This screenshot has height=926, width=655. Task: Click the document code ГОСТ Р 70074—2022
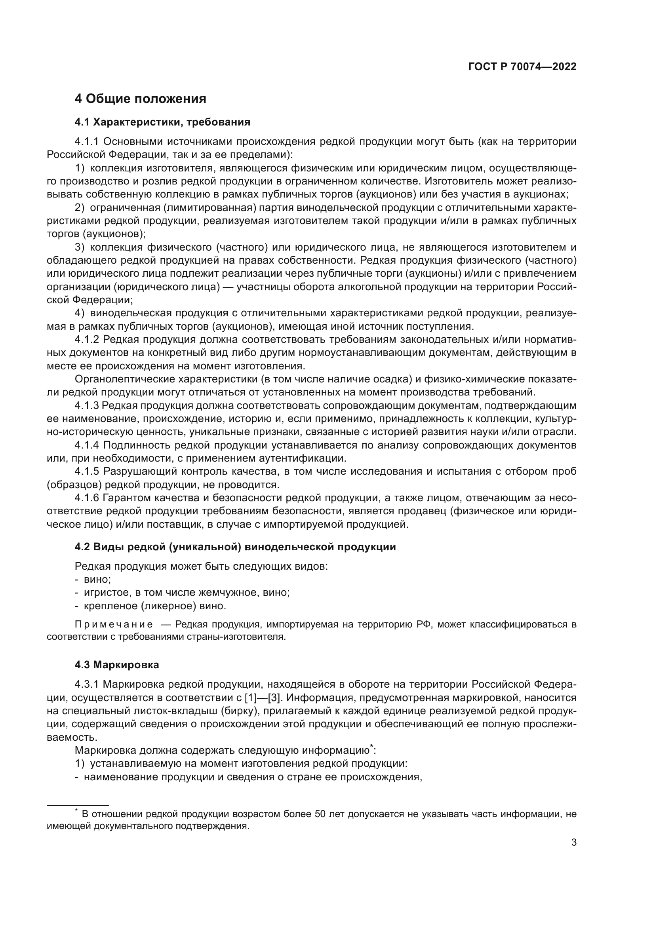click(522, 67)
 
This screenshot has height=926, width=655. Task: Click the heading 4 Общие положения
click(140, 99)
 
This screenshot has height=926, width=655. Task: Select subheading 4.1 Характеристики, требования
click(162, 122)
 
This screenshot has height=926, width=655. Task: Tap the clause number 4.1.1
click(87, 142)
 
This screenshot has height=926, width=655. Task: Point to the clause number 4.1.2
click(87, 340)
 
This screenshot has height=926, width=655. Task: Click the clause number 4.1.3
click(87, 405)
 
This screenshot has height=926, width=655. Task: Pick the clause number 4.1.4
click(87, 445)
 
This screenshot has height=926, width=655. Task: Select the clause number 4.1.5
click(87, 472)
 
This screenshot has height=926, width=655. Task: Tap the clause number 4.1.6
click(87, 498)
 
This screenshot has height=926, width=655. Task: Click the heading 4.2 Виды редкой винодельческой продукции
click(235, 547)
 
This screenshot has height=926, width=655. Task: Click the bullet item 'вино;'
click(97, 580)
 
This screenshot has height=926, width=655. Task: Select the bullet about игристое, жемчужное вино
click(187, 593)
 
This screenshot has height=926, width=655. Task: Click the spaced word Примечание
click(114, 625)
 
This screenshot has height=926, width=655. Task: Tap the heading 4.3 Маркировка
click(117, 665)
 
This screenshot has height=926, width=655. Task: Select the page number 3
click(573, 842)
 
